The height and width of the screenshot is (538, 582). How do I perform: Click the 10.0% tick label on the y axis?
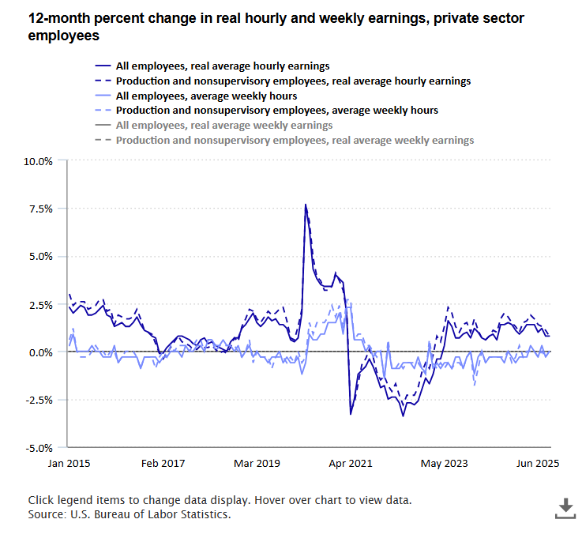coord(37,161)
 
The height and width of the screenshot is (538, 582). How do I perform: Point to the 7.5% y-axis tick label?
coord(39,209)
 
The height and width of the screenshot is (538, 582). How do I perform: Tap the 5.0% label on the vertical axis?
coord(39,257)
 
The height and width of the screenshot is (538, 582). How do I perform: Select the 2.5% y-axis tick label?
coord(39,304)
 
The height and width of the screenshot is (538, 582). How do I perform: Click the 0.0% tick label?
coord(39,352)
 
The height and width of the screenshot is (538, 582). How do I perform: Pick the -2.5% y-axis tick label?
coord(38,400)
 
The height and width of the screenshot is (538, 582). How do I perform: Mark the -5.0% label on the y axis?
coord(38,448)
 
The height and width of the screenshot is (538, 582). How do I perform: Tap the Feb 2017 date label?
coord(163,464)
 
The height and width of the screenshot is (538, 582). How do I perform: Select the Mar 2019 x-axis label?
coord(257,464)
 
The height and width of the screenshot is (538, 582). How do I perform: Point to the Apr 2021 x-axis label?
coord(351,464)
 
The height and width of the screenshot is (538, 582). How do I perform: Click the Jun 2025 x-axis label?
coord(539,464)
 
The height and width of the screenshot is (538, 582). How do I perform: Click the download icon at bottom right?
coord(565,509)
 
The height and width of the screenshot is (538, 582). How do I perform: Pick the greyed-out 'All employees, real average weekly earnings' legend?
coord(223,125)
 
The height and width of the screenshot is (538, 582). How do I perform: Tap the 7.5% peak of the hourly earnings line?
coord(306,205)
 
